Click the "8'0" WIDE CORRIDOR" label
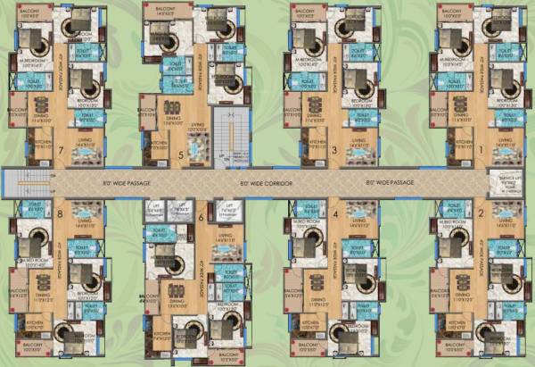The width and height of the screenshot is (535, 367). point(267,183)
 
